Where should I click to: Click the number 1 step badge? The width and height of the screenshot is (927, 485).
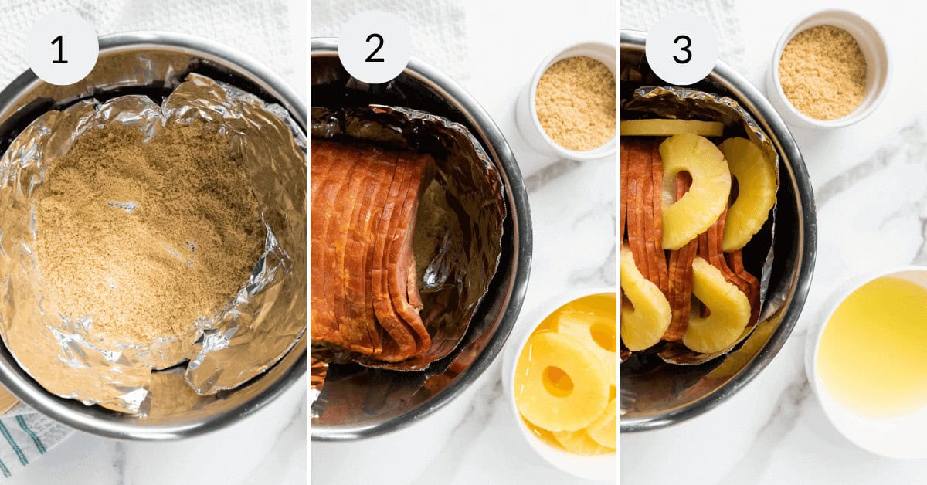pos(62,49)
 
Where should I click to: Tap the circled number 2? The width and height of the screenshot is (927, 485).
pos(374,49)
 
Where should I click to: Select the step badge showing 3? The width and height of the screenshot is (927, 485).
pos(681,49)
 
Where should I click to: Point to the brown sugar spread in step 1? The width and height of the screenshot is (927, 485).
pos(147,232)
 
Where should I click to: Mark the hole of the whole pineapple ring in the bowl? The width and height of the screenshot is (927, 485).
pos(557,381)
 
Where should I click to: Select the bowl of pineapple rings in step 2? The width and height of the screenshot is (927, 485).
pos(564,378)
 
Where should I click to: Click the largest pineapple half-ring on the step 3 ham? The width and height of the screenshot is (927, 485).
pos(693,189)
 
